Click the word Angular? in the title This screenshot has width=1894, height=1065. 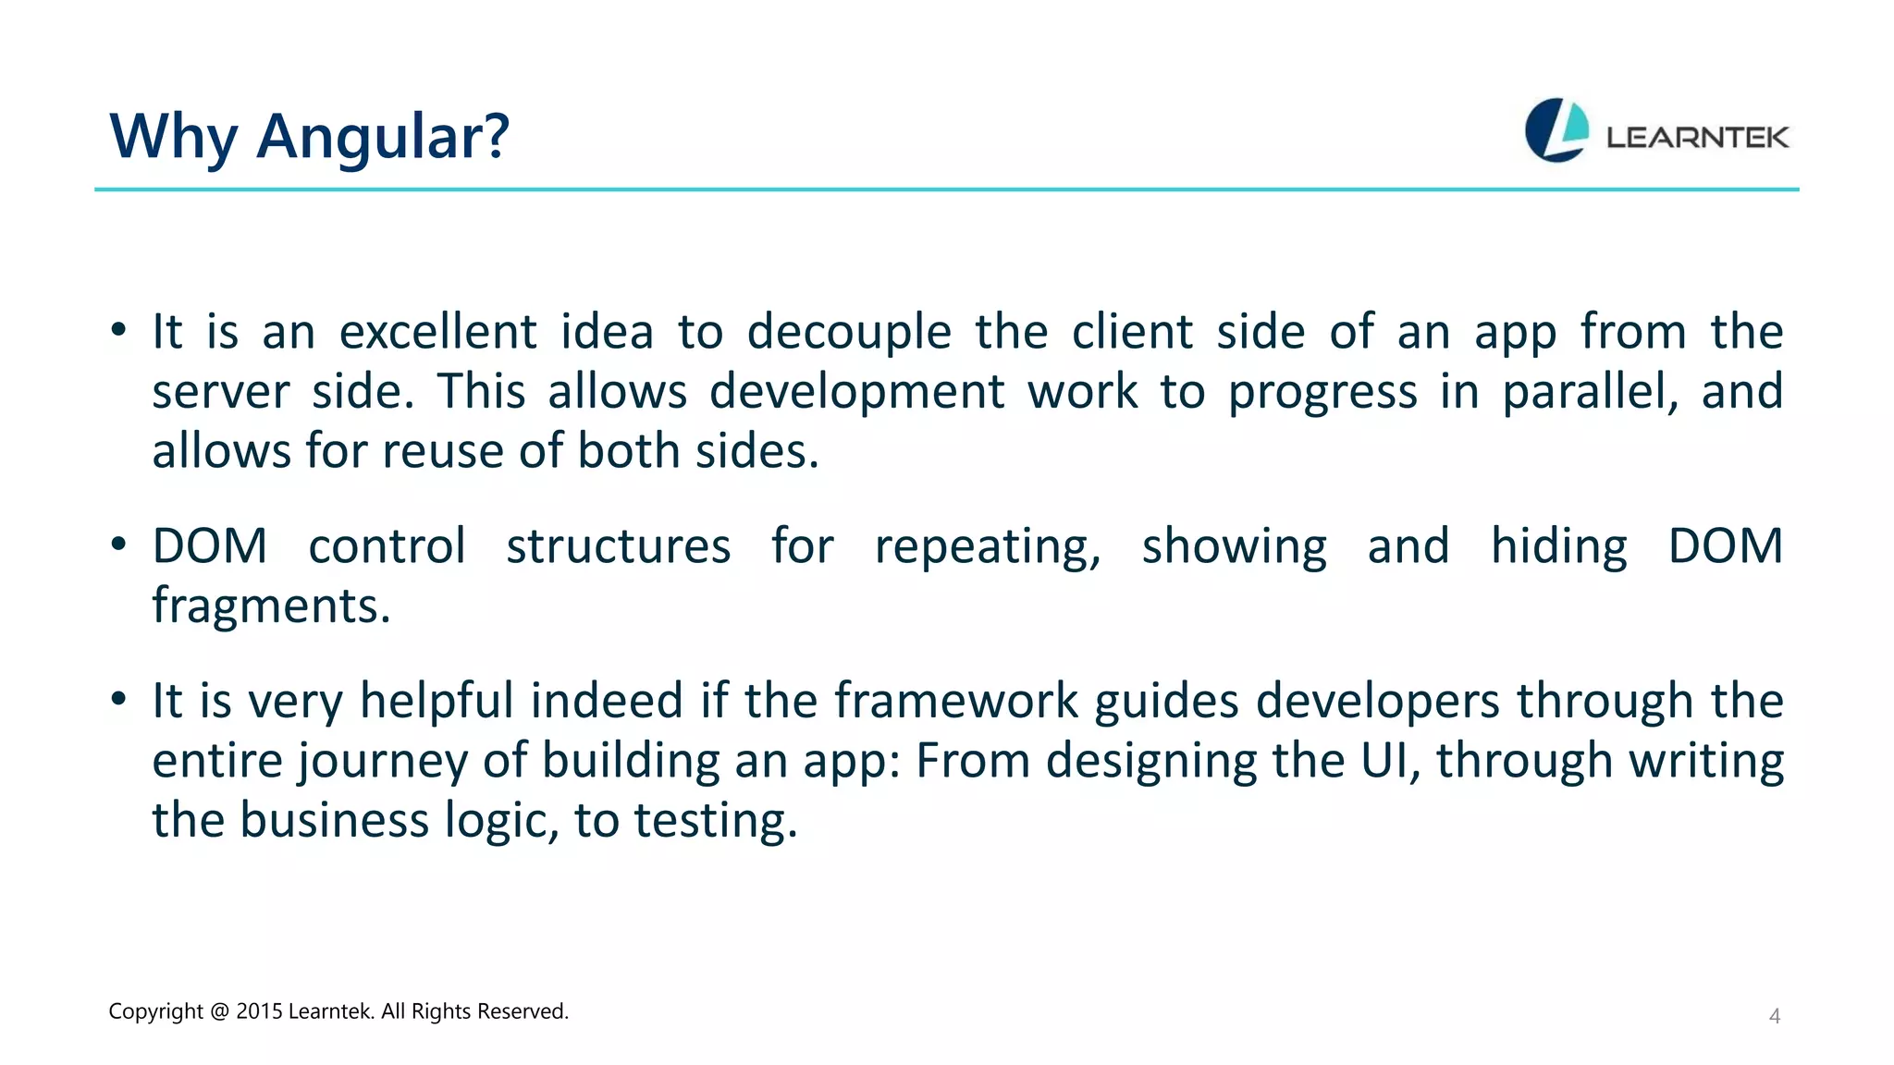[382, 137]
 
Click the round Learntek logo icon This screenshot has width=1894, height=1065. [1556, 130]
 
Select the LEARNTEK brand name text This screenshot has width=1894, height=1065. [1697, 138]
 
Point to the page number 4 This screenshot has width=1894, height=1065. [1774, 1016]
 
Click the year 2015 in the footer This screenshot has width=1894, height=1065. [259, 1011]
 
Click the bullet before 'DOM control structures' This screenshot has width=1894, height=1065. [117, 545]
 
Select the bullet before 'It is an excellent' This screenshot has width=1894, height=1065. [117, 330]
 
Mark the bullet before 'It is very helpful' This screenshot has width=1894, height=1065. [117, 699]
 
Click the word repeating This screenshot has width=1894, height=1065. [987, 546]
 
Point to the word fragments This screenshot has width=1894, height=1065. [270, 606]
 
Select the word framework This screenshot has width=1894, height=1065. [956, 700]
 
